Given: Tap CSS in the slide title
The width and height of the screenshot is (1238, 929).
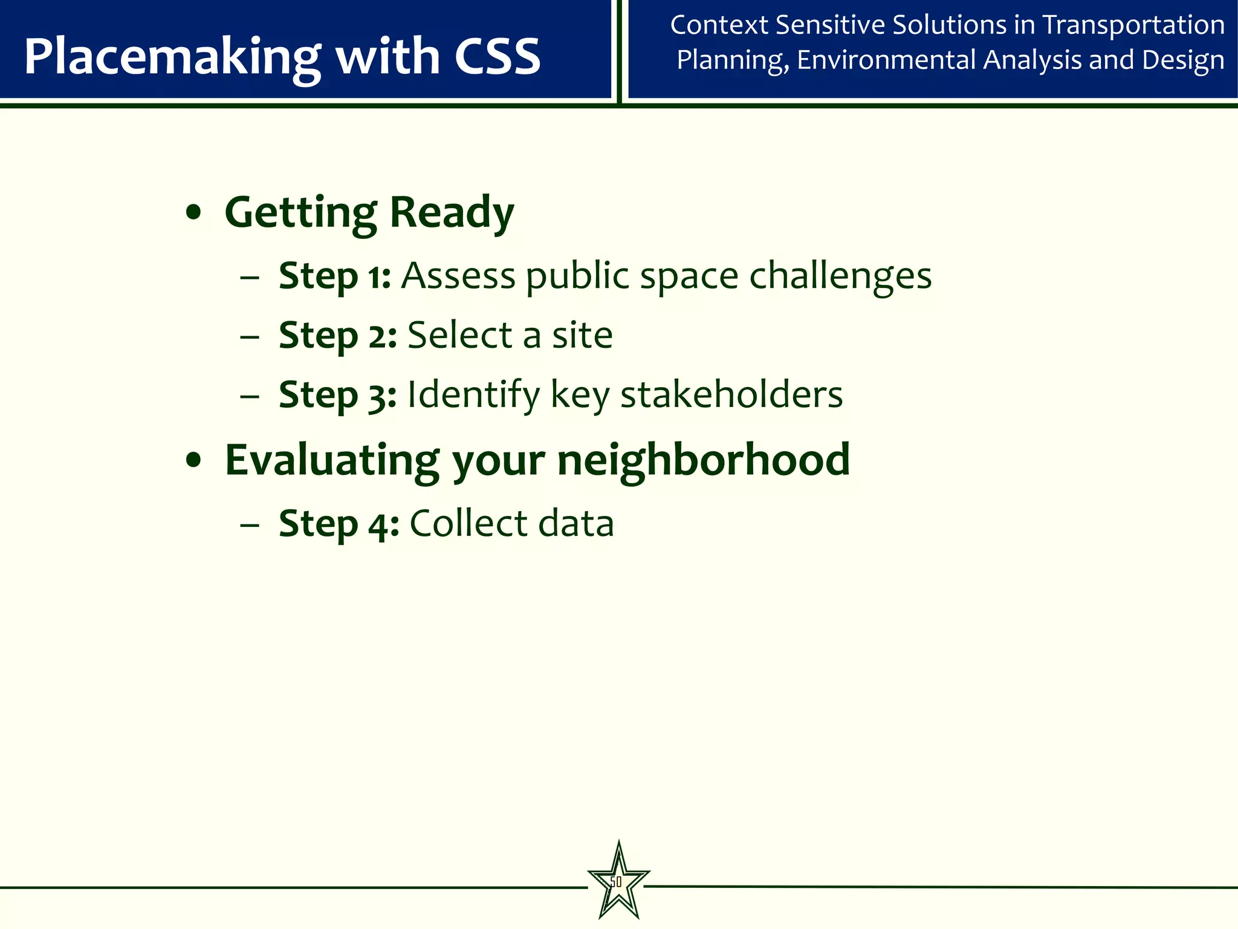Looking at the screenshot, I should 497,56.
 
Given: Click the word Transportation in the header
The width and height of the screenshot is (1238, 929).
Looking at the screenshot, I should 1133,25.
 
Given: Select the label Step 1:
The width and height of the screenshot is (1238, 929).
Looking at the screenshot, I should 334,276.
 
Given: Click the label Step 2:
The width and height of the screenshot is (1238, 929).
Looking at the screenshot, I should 337,336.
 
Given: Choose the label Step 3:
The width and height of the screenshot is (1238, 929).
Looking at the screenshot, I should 337,395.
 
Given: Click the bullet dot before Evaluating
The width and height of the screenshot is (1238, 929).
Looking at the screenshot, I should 193,461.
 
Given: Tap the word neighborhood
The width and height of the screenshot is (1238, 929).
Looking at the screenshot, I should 703,460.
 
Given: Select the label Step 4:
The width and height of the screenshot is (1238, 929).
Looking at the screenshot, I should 339,524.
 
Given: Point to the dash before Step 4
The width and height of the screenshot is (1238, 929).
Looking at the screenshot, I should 249,524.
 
